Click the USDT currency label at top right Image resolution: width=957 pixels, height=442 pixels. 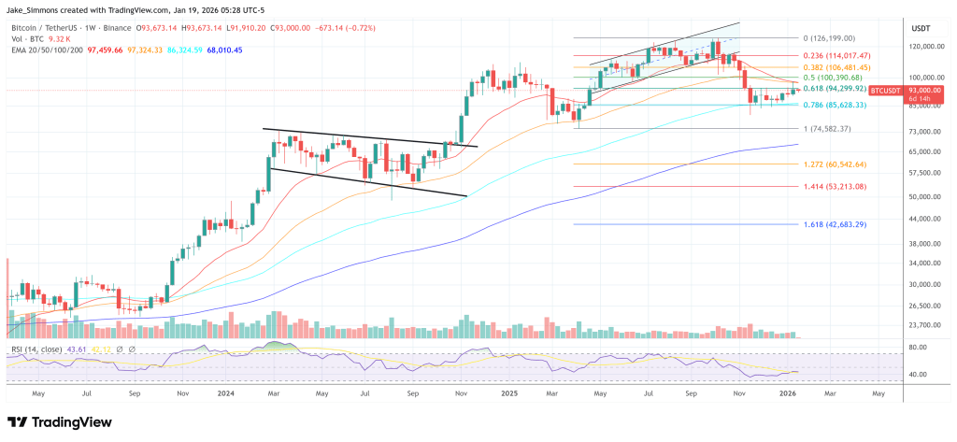coord(921,28)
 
